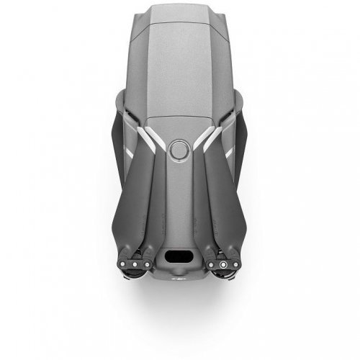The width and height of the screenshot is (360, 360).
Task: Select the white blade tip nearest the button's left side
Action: (152, 138)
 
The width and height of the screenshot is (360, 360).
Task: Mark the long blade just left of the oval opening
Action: (161, 209)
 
